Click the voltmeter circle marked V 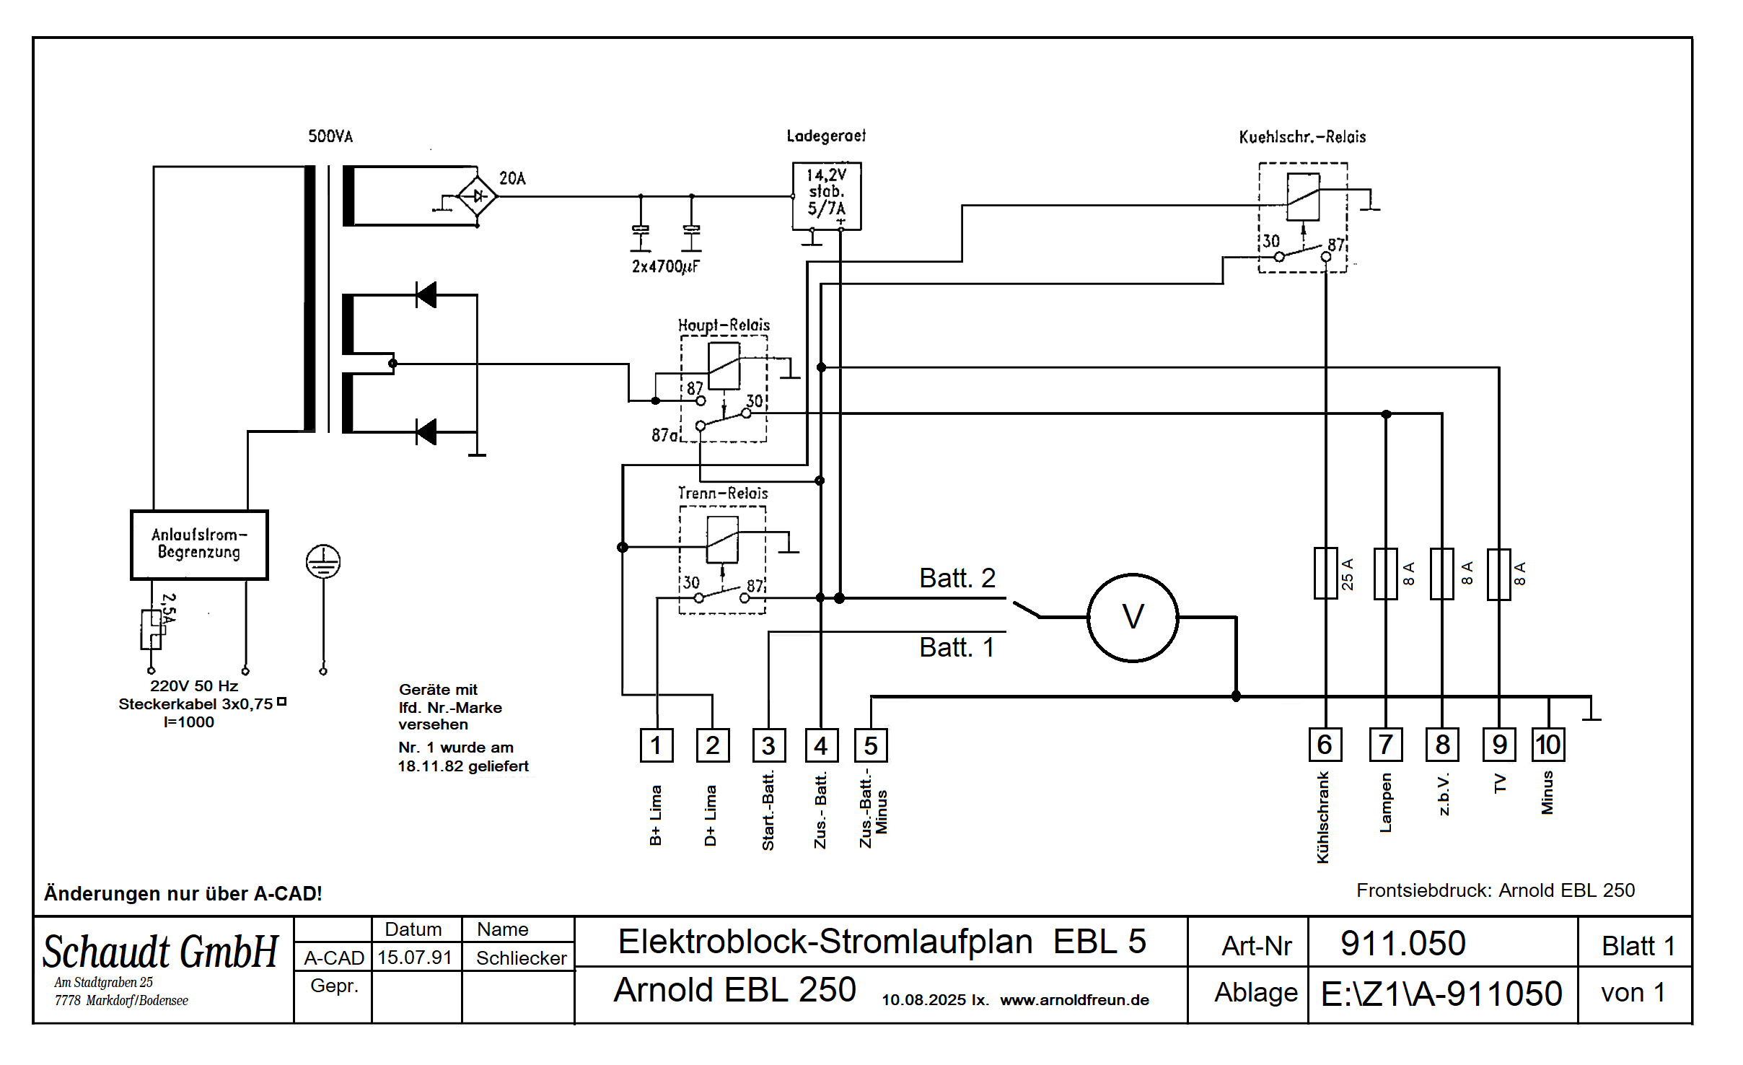1133,618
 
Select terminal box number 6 1325,745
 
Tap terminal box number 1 656,745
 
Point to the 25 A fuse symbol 1325,574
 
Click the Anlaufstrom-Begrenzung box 199,545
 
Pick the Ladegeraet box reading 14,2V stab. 826,196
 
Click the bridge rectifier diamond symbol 477,196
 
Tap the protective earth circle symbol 323,562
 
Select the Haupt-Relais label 724,325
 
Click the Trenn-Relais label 723,494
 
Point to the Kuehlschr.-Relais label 1302,137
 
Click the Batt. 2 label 957,578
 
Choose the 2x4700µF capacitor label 665,267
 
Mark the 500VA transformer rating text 330,136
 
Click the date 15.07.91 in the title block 415,957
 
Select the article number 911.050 1402,944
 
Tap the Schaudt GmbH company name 160,952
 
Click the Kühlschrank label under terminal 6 1323,818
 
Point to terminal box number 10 1547,745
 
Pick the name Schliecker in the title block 521,958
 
